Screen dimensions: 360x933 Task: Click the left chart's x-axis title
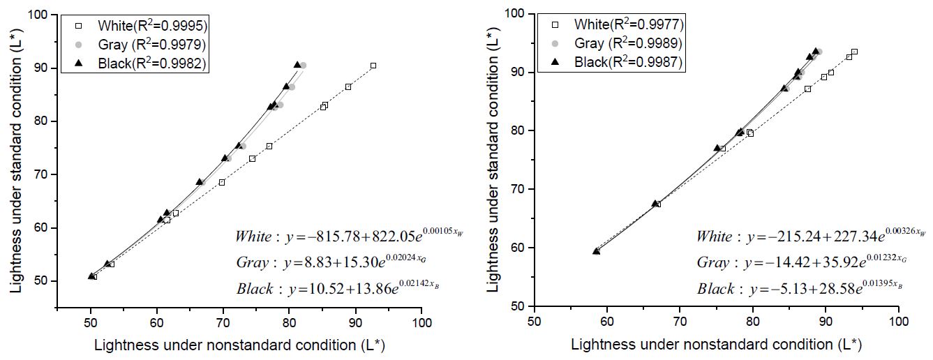[x=239, y=344]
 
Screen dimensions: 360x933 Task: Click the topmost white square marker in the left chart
[x=373, y=66]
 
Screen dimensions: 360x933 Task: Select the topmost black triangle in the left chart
[x=297, y=65]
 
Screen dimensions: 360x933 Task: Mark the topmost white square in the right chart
[x=854, y=52]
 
